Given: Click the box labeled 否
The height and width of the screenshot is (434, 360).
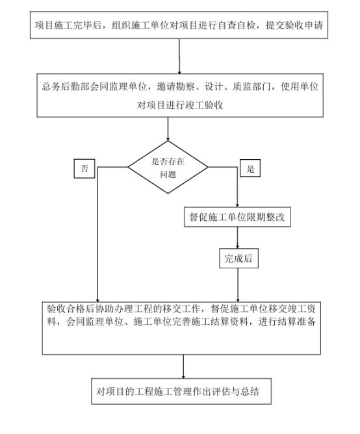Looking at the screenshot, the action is pos(84,168).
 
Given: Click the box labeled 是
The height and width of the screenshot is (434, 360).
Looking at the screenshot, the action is pos(250,168).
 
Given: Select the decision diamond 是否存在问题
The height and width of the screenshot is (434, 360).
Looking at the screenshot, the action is pos(168,167).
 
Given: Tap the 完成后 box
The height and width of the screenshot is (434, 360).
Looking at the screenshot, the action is pos(238,258).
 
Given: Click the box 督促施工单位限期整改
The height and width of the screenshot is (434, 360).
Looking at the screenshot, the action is pos(237,217).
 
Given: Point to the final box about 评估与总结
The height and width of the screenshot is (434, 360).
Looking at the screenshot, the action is pos(181,391).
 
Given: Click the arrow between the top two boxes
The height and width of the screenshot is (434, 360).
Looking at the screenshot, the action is pos(179,56).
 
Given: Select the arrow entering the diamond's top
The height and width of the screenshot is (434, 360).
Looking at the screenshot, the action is pos(168,129).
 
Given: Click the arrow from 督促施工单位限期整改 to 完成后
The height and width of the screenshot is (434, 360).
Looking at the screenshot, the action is pos(237,238).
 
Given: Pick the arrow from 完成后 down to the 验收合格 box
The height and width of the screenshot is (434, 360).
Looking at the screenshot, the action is pos(238,285).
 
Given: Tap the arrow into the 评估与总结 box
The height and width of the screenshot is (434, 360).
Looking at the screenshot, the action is pos(183,366).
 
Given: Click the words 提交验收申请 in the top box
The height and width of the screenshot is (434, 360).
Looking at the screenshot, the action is pos(294,25).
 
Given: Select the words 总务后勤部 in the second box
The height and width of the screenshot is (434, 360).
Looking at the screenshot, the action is pos(66,86).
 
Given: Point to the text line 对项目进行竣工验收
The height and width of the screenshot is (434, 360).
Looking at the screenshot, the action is pos(180,105).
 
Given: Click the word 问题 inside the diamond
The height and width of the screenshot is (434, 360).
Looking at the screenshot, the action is pos(168,174).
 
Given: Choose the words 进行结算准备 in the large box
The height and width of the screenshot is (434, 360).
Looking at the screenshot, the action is pos(287,322).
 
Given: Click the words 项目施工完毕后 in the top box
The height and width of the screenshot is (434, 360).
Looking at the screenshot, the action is pos(68,25).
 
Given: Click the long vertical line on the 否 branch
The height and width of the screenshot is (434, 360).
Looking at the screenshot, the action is pos(97,235).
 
